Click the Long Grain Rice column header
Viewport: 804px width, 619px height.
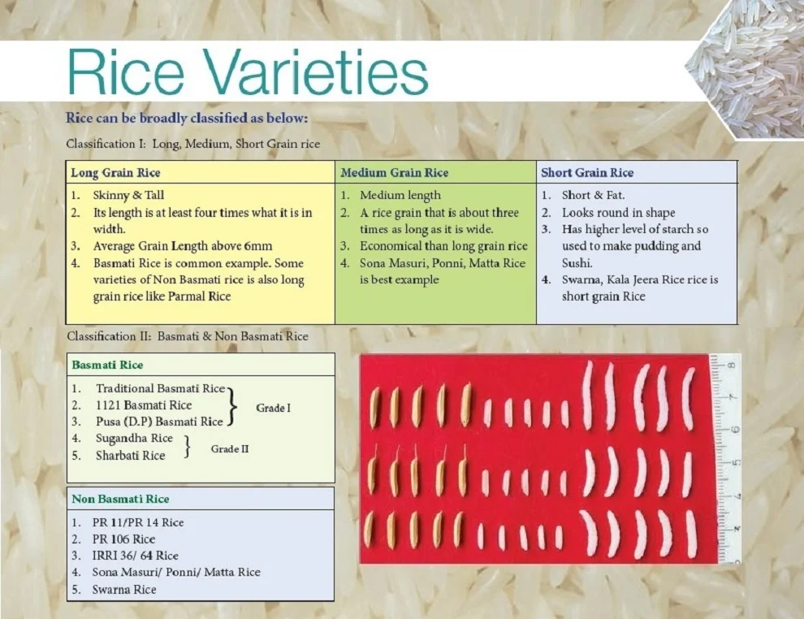115,173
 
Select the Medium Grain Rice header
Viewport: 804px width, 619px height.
394,173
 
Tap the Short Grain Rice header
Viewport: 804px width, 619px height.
587,173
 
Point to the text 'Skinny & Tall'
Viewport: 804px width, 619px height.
128,196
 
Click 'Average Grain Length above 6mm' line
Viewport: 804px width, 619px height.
183,246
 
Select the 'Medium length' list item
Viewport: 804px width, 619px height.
400,196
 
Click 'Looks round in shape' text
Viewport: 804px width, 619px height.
618,213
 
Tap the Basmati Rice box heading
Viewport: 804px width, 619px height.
107,365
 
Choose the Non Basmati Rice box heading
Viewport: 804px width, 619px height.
120,499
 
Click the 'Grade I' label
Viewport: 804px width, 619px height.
273,408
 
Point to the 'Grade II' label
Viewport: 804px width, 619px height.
230,449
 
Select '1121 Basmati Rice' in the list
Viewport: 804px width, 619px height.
144,405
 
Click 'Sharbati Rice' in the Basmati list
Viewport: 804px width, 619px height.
130,456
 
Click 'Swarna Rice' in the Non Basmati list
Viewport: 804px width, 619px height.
124,590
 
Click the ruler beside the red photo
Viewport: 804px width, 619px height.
727,455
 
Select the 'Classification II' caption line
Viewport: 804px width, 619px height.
187,336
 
